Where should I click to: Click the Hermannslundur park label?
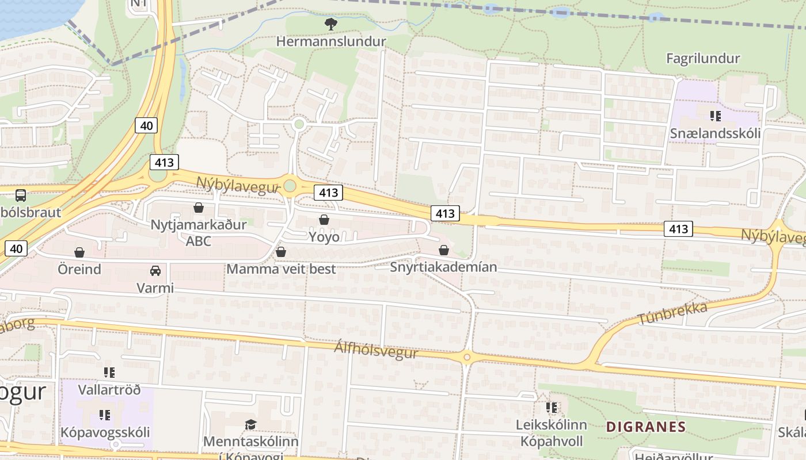pyautogui.click(x=330, y=41)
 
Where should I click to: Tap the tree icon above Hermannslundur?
pyautogui.click(x=330, y=24)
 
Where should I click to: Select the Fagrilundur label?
pyautogui.click(x=702, y=58)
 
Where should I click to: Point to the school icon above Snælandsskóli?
pyautogui.click(x=715, y=116)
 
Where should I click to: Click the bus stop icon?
pyautogui.click(x=21, y=195)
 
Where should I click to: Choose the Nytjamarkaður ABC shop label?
pyautogui.click(x=198, y=232)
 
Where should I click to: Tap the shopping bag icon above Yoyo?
pyautogui.click(x=324, y=220)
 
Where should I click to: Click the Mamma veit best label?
pyautogui.click(x=281, y=269)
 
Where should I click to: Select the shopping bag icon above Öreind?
pyautogui.click(x=79, y=252)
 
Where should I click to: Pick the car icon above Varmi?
pyautogui.click(x=155, y=270)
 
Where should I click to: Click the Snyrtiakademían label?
pyautogui.click(x=443, y=267)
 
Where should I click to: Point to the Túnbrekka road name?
pyautogui.click(x=672, y=312)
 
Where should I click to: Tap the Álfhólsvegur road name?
pyautogui.click(x=376, y=349)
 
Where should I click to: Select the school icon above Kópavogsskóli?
pyautogui.click(x=105, y=415)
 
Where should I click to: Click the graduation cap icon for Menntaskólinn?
pyautogui.click(x=250, y=424)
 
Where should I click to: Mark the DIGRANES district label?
pyautogui.click(x=645, y=427)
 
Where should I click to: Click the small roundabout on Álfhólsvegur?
pyautogui.click(x=467, y=358)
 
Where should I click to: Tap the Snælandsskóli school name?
pyautogui.click(x=715, y=133)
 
